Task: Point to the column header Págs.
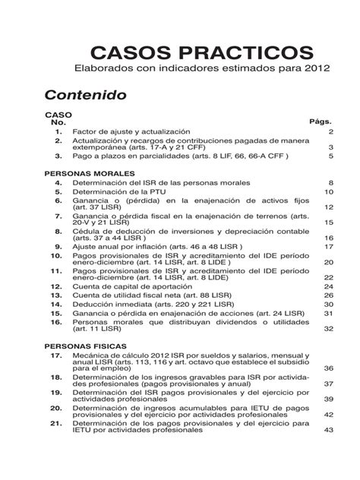[321, 122]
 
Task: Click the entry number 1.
[58, 131]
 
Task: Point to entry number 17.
[56, 355]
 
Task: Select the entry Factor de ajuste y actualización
[137, 131]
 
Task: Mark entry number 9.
[58, 247]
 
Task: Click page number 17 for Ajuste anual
[329, 247]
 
